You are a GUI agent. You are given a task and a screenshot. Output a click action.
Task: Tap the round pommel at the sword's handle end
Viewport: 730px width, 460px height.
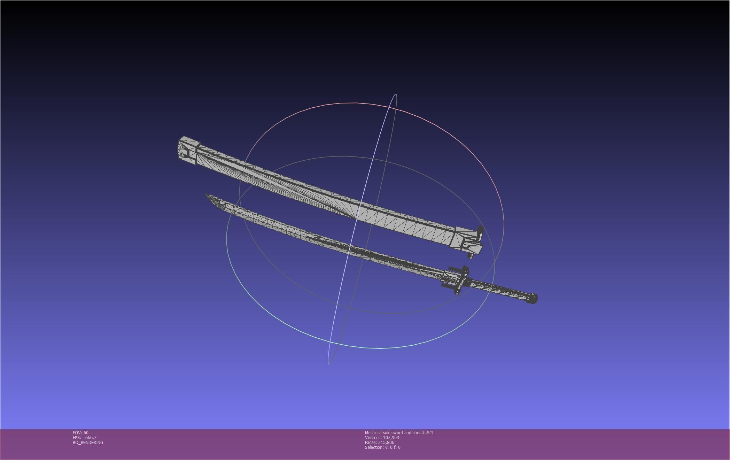533,298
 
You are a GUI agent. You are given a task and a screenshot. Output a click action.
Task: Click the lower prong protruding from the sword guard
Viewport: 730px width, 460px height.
447,286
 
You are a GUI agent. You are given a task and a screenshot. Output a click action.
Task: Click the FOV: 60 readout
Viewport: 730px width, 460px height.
80,433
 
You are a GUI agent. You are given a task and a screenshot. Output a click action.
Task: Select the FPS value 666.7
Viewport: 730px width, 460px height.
91,438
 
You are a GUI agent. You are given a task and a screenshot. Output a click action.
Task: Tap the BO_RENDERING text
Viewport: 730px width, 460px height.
88,443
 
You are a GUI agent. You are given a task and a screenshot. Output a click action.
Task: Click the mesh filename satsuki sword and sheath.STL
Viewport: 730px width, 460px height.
406,433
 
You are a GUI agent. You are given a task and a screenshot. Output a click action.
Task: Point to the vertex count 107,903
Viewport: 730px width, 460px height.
391,438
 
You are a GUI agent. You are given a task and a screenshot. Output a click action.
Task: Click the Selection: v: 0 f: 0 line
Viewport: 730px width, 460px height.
382,447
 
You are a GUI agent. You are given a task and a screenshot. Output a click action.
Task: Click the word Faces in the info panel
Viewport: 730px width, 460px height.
371,443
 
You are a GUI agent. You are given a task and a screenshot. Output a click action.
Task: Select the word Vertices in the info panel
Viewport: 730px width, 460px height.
373,438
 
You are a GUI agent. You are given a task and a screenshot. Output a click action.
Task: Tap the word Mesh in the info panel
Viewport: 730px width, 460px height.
370,433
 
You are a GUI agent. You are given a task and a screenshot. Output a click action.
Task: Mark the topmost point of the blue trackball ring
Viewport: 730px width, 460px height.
396,94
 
